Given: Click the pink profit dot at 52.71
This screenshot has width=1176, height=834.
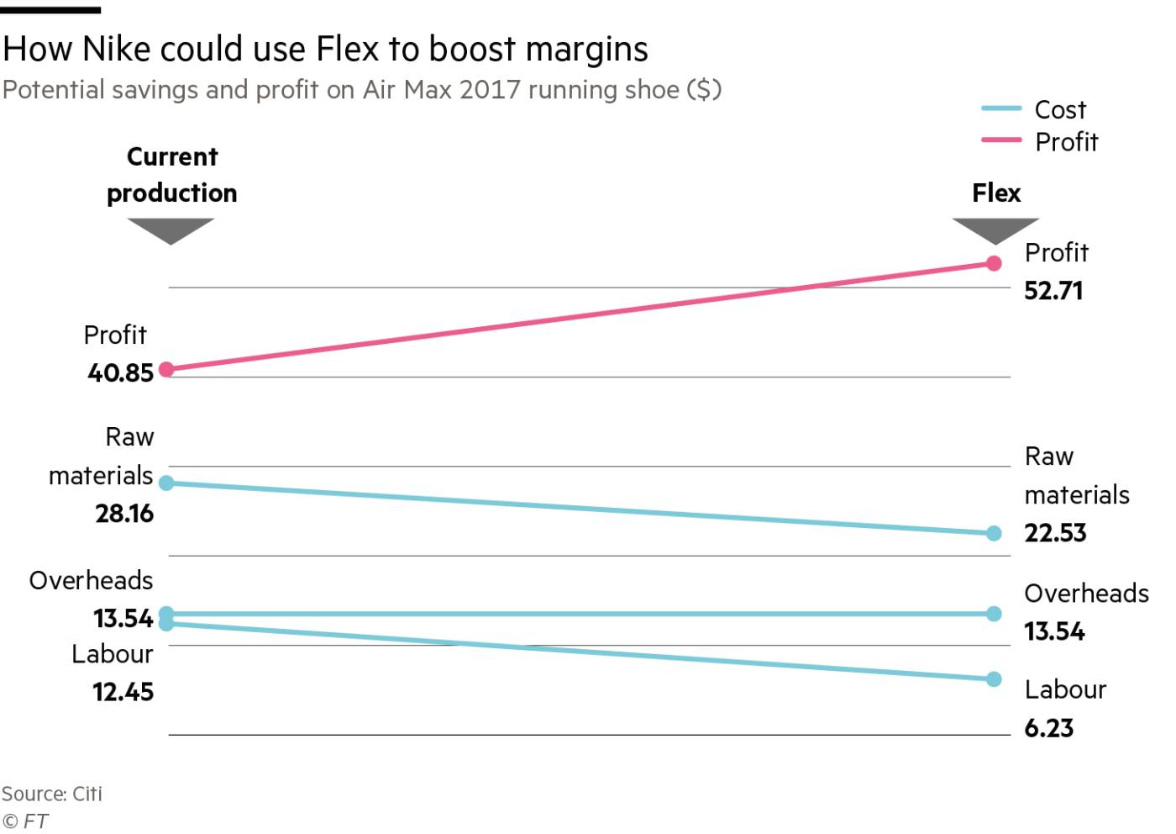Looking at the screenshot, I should [994, 263].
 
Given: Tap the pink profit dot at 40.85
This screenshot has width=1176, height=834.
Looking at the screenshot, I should [166, 369].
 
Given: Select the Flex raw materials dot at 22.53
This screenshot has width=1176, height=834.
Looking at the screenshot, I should [994, 533].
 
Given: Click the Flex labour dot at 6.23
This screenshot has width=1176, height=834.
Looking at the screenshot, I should [994, 678].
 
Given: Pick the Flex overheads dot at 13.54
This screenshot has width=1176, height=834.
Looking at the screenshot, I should [994, 614].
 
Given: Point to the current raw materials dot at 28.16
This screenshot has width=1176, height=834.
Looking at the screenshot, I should [166, 483].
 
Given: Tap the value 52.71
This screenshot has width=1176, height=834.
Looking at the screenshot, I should [1053, 291].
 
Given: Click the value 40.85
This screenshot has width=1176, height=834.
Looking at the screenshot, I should [120, 372].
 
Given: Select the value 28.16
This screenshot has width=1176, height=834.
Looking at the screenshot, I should [124, 514].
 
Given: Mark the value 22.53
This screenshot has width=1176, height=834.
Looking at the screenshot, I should [1055, 533].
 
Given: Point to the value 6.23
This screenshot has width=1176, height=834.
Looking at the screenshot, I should [1048, 728].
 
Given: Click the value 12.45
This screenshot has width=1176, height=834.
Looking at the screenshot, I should [123, 692].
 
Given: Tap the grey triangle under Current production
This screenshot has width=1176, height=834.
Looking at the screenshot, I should [171, 230].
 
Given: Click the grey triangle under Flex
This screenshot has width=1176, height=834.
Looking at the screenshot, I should [995, 230].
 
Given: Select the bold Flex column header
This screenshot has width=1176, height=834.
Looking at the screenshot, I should [996, 193].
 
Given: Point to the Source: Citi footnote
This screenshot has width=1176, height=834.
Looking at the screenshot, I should [52, 794].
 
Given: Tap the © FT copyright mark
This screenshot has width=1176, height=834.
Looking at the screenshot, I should [25, 821].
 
